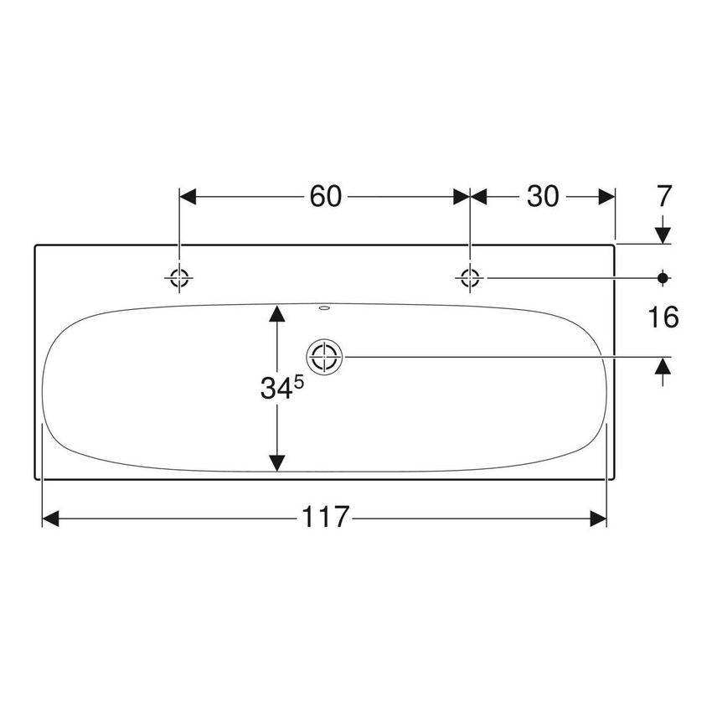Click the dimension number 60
pos(326,196)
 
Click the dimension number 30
pos(543,196)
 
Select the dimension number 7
pos(663,196)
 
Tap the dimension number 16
pos(663,317)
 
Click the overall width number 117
pos(326,519)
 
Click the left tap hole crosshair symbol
pos(179,277)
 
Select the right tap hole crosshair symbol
pos(471,277)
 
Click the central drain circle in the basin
pos(325,358)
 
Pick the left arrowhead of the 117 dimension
pos(50,519)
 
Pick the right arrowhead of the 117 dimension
pos(598,519)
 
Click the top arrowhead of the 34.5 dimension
pos(276,314)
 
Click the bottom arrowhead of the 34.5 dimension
pos(276,463)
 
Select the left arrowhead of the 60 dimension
pos(188,196)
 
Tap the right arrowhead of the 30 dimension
pos(607,196)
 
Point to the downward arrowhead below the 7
pos(663,235)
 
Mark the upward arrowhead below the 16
pos(663,366)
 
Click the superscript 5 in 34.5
pos(297,381)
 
